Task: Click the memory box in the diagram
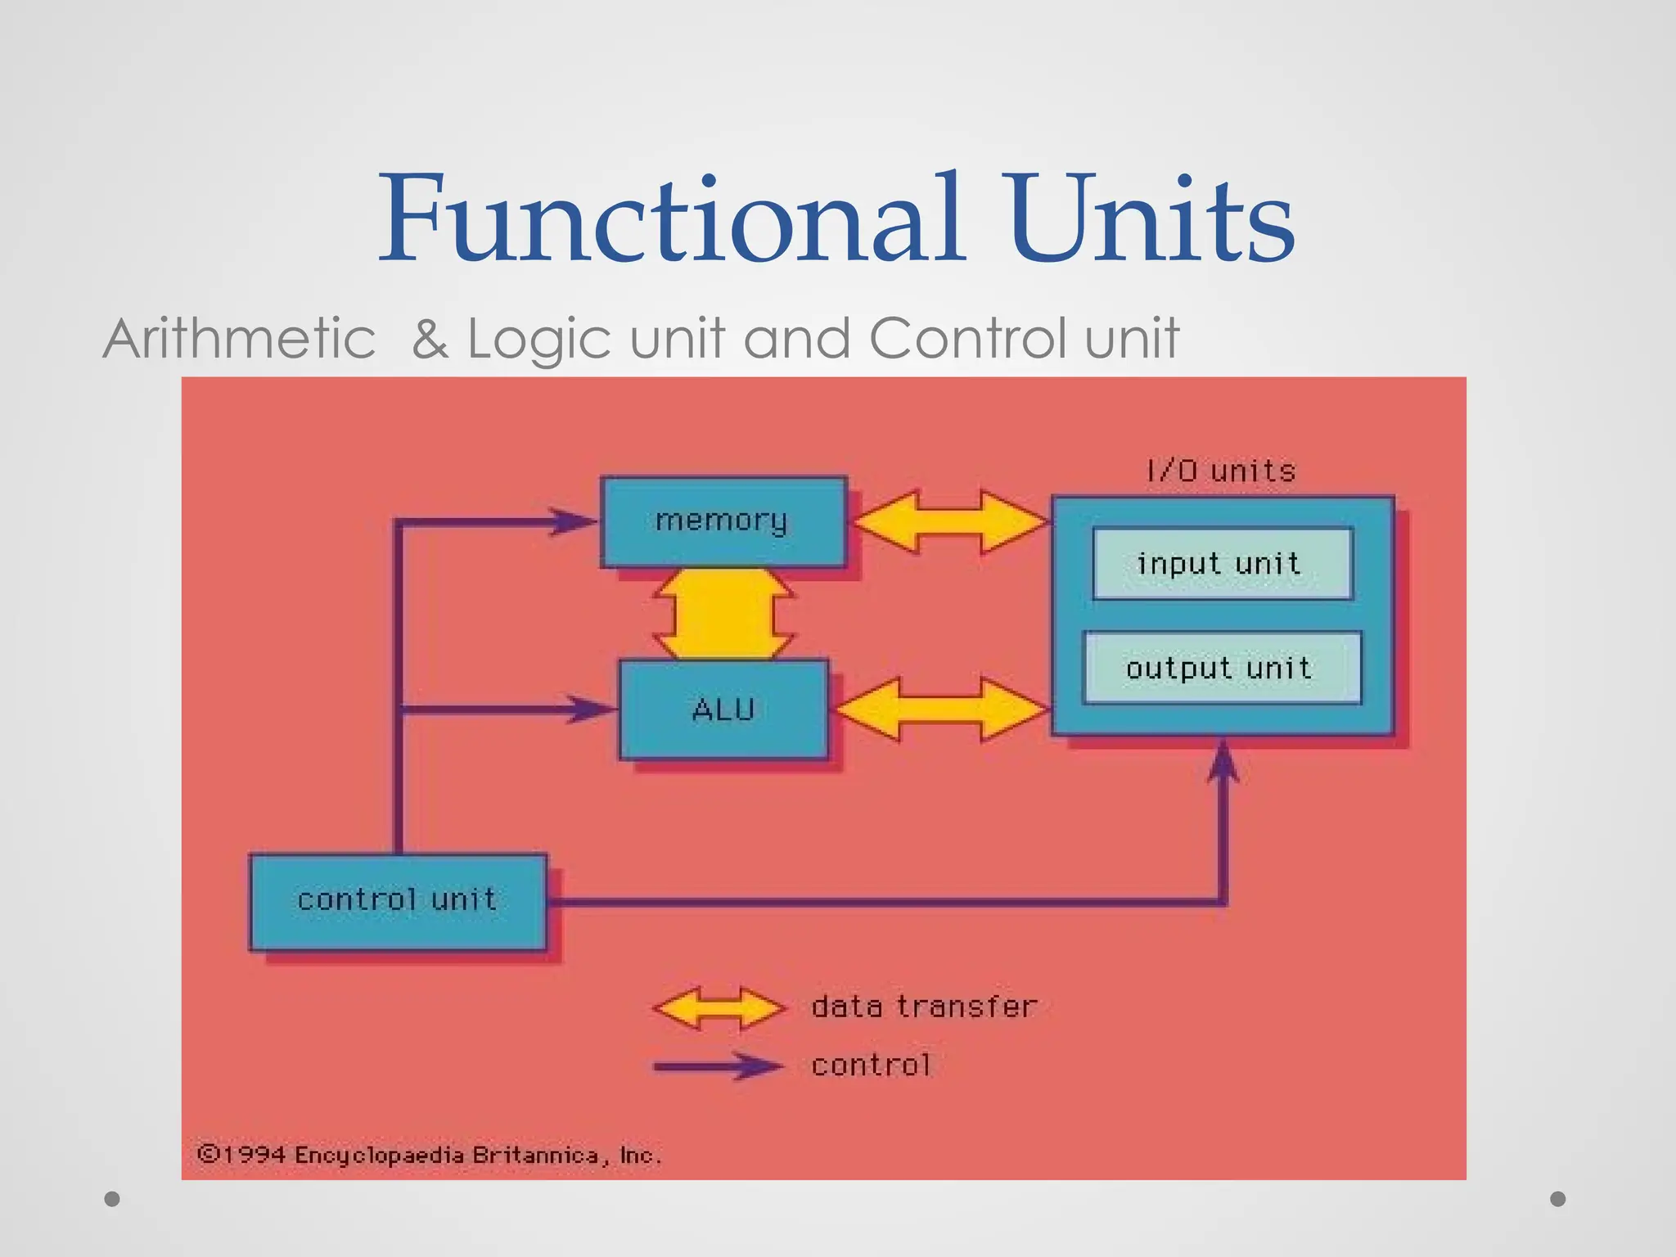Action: coord(723,521)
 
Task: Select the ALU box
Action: coord(723,710)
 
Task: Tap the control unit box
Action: coord(398,901)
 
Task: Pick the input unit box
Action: coord(1222,564)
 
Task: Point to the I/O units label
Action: coord(1221,471)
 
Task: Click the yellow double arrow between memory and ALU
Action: coord(723,614)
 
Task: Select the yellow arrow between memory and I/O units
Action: coord(949,521)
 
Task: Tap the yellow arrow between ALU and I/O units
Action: coord(940,710)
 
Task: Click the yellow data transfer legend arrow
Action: coord(719,1007)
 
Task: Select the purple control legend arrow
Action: coord(719,1066)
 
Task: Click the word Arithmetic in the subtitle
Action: coord(240,338)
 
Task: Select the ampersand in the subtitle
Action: coord(430,339)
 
